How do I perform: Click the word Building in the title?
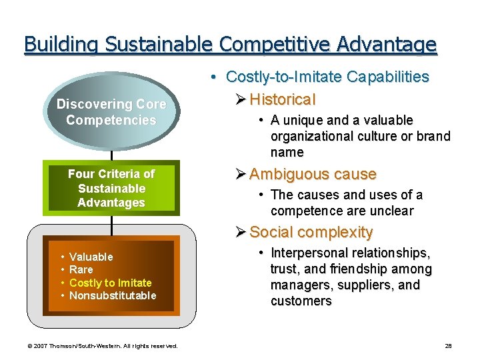click(x=59, y=45)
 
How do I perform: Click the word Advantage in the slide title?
click(x=387, y=45)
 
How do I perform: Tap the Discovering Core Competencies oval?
click(x=111, y=112)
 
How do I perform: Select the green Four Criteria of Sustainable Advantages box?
click(x=111, y=188)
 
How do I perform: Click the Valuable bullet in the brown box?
click(x=91, y=257)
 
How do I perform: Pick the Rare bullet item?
click(x=81, y=269)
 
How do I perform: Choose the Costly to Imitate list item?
click(x=110, y=283)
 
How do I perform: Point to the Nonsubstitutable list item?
click(x=113, y=295)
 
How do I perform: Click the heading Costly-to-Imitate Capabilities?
click(x=327, y=77)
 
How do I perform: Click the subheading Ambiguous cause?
click(x=313, y=174)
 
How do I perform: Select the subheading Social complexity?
click(x=311, y=232)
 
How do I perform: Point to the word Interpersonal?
click(x=309, y=253)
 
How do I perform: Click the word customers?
click(x=301, y=301)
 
